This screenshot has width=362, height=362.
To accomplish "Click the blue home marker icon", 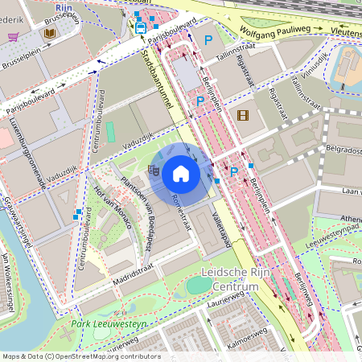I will pos(181,173).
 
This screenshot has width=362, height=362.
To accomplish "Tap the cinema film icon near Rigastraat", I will pos(243,115).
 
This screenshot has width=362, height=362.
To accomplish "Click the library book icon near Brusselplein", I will pos(50,34).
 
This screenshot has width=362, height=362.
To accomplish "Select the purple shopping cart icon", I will pos(13,36).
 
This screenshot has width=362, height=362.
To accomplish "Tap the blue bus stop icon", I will pos(141,27).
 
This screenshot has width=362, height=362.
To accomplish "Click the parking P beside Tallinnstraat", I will pos(208,39).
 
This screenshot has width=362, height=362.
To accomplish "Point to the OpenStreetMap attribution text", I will pos(80,356).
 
